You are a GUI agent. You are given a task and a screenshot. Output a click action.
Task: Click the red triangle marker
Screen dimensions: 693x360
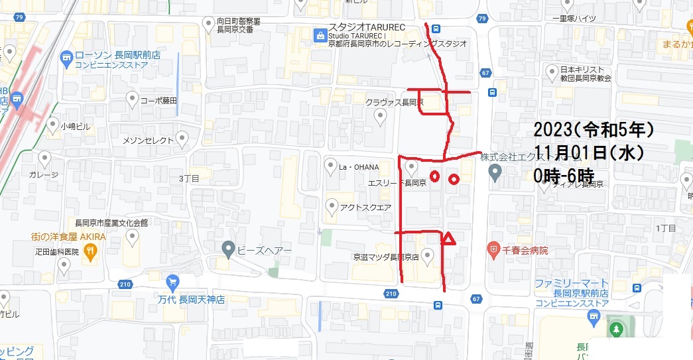449,239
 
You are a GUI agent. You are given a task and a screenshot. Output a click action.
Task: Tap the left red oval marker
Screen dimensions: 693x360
434,176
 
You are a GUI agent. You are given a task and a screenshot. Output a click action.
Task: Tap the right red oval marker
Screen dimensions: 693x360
454,179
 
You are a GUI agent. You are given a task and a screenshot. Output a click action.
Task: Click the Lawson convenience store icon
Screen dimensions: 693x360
66,58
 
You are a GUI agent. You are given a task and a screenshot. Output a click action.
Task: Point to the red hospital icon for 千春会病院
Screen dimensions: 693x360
493,251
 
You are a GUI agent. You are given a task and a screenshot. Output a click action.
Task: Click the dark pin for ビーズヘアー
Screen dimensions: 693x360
229,250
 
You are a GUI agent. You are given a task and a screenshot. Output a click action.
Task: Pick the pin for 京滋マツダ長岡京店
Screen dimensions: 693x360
428,255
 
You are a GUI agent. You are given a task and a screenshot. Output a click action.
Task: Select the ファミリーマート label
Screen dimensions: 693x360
572,283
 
